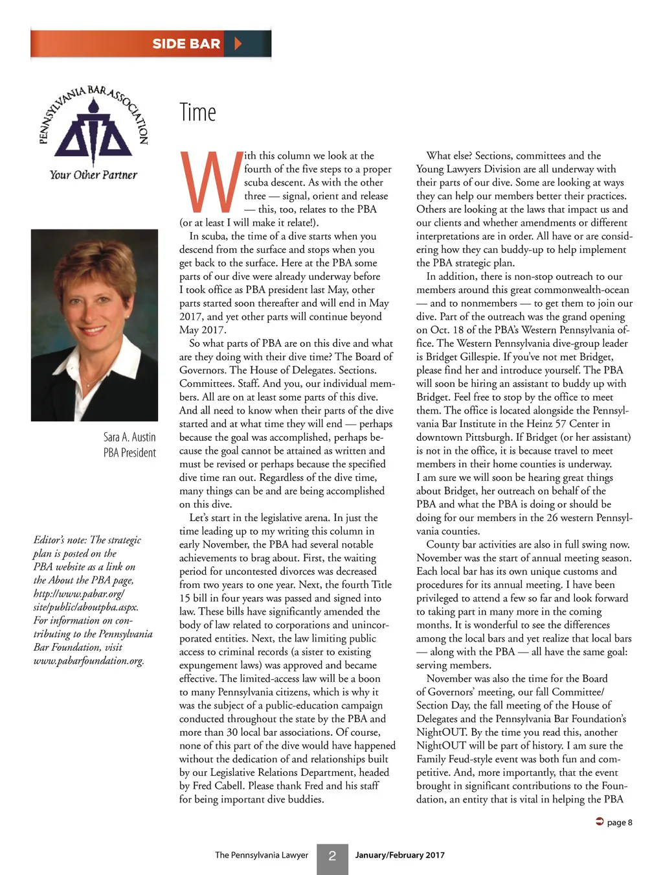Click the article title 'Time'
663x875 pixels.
tap(197, 113)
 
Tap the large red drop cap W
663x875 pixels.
tap(210, 182)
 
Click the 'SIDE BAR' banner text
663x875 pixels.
tap(186, 44)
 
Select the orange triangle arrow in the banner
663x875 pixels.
tap(238, 44)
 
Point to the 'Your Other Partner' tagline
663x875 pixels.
tap(93, 175)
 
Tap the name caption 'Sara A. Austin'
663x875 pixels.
tap(129, 437)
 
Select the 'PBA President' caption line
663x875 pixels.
tap(129, 453)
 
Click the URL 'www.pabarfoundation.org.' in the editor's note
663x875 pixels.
tap(89, 661)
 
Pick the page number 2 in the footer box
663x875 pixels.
tap(332, 856)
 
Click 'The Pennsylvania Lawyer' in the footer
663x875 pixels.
tap(262, 856)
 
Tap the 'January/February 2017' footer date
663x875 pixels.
tap(399, 856)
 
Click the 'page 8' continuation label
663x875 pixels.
tap(620, 822)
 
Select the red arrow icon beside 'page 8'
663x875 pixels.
tap(600, 822)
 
